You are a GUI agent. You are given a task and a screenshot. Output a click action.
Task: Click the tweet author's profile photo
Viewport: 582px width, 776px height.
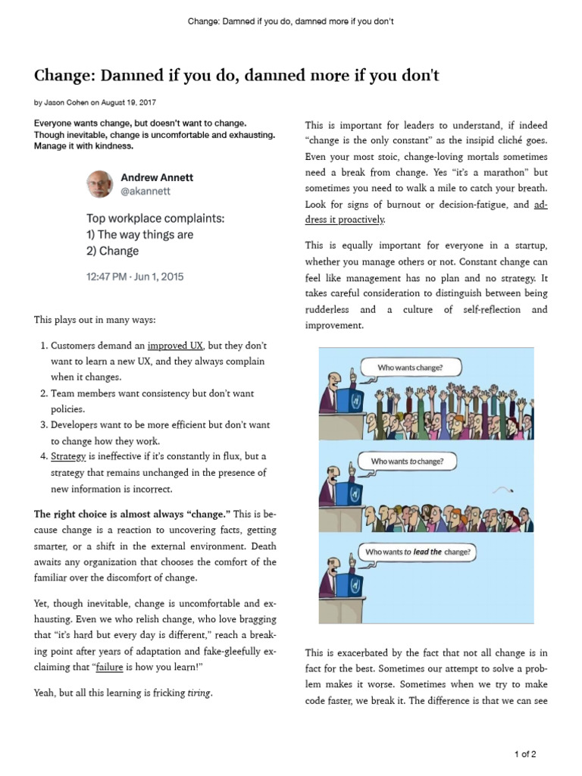101,184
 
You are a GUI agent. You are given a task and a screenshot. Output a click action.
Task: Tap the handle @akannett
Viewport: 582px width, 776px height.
146,192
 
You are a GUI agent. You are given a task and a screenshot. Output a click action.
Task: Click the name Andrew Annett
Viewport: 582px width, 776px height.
157,177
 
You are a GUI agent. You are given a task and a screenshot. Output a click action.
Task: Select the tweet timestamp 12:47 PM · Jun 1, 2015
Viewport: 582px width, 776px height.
135,277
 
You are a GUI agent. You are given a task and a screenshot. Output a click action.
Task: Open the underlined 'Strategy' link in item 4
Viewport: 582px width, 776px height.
68,456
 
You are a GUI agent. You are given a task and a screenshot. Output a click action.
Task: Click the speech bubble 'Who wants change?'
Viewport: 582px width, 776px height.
410,368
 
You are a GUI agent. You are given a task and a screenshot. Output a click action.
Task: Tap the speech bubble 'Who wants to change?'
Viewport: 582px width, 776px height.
407,461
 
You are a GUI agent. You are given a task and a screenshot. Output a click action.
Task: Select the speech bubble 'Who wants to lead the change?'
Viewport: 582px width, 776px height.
418,552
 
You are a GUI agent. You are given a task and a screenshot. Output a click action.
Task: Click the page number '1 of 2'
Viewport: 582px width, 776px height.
525,754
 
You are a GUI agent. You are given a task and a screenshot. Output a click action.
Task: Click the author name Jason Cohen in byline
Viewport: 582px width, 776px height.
67,102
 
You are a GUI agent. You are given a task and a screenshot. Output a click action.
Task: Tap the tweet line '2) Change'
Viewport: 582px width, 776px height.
113,251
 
